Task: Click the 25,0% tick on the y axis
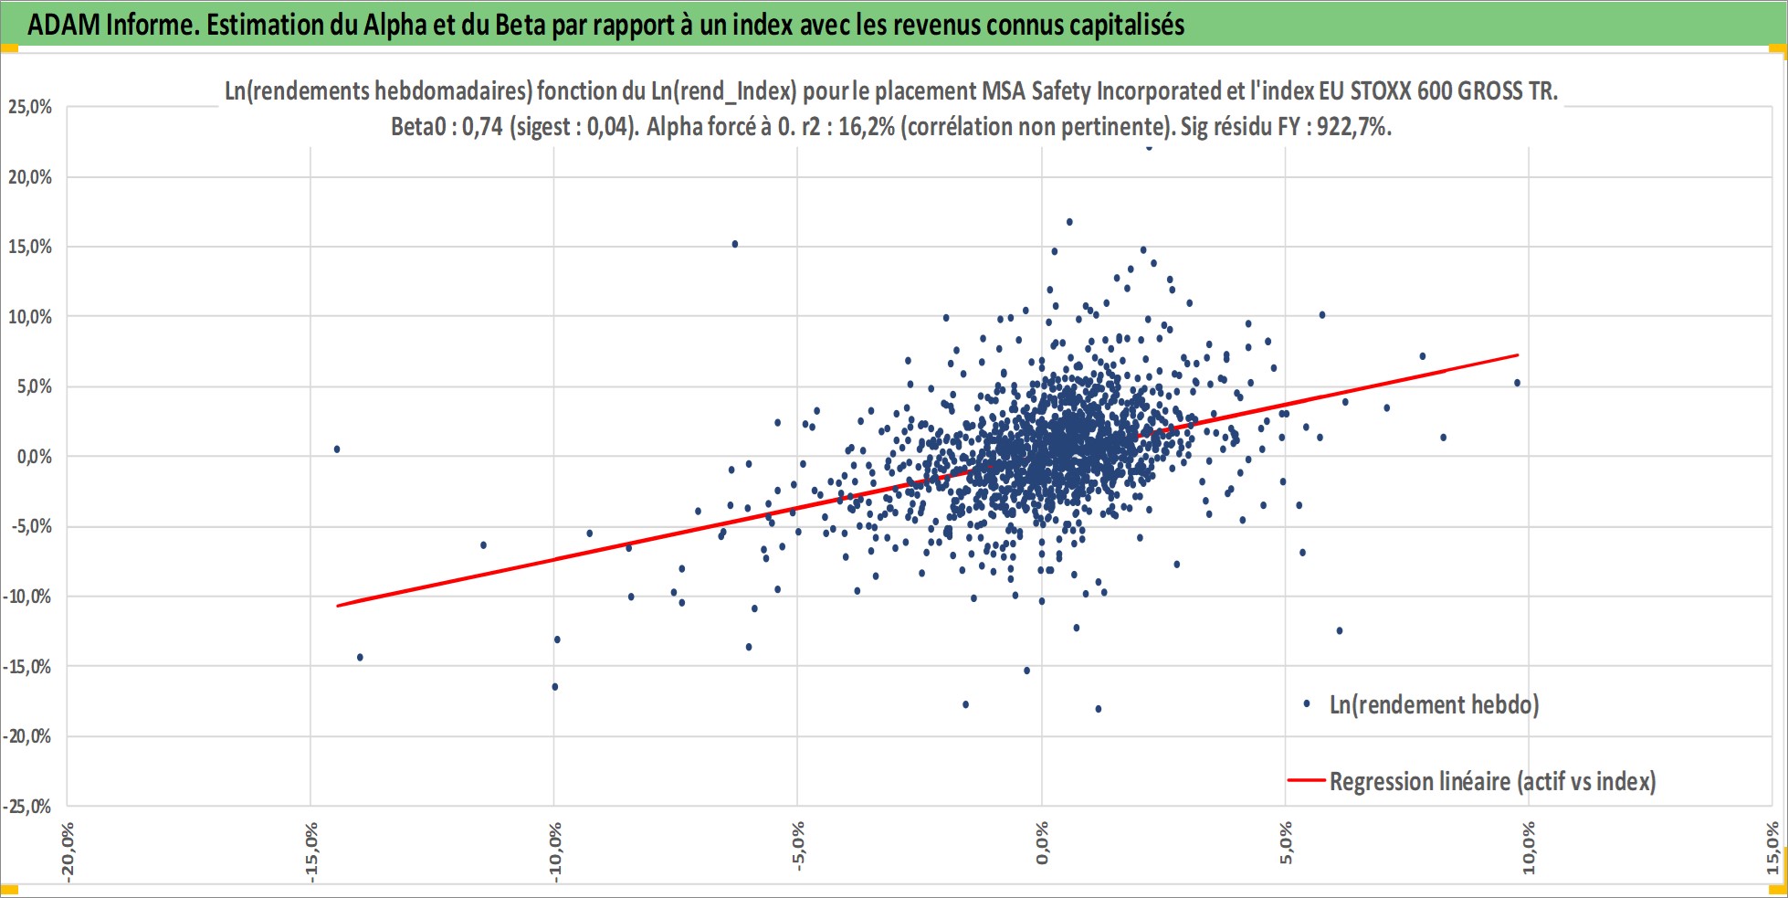[x=30, y=107]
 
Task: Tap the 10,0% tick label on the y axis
[x=30, y=317]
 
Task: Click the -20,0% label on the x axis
[x=67, y=851]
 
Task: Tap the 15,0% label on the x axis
[x=1772, y=847]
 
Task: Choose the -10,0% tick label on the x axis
[x=554, y=851]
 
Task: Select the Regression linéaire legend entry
[x=1471, y=781]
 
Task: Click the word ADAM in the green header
[x=64, y=25]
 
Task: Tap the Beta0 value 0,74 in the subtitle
[x=482, y=127]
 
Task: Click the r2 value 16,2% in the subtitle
[x=866, y=127]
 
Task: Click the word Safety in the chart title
[x=1060, y=91]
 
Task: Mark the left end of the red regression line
[x=338, y=606]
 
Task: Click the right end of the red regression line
[x=1518, y=354]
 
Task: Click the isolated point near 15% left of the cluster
[x=735, y=244]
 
